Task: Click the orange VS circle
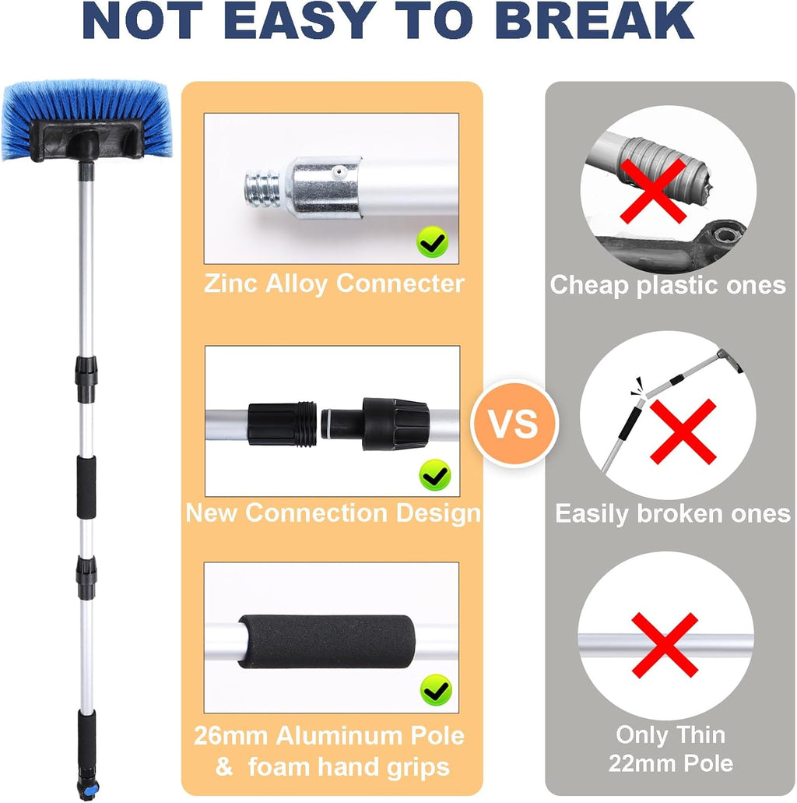coord(514,424)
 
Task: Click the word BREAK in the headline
coord(595,21)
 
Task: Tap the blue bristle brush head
coord(86,121)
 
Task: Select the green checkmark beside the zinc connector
coord(433,241)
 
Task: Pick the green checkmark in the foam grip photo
coord(436,690)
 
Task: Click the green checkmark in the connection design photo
coord(435,475)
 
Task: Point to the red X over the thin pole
coord(665,645)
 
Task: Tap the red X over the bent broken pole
coord(683,431)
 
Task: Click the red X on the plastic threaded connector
coord(653,191)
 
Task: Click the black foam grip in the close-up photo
coord(326,642)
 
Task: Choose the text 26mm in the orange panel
coord(231,736)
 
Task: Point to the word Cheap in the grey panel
coord(589,286)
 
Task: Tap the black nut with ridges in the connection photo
coord(395,424)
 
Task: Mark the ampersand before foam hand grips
coord(223,767)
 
